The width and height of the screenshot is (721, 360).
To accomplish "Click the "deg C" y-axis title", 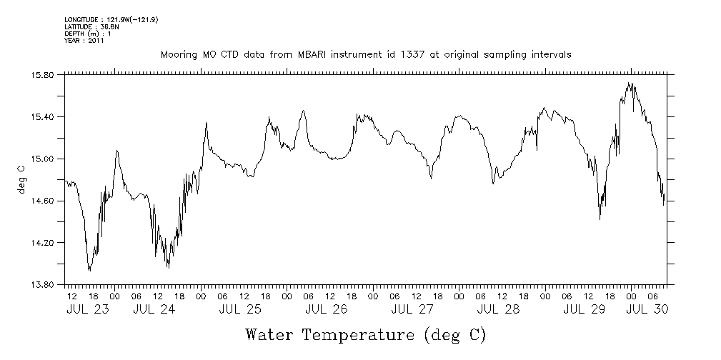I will (x=21, y=179).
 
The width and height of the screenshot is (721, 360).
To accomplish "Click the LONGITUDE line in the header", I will (x=111, y=19).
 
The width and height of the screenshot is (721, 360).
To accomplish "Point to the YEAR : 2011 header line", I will (x=84, y=41).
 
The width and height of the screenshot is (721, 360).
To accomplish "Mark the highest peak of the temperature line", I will (x=630, y=83).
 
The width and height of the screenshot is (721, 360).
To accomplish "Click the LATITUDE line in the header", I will (x=90, y=26).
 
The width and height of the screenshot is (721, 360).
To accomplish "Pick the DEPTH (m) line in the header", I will (x=87, y=34).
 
